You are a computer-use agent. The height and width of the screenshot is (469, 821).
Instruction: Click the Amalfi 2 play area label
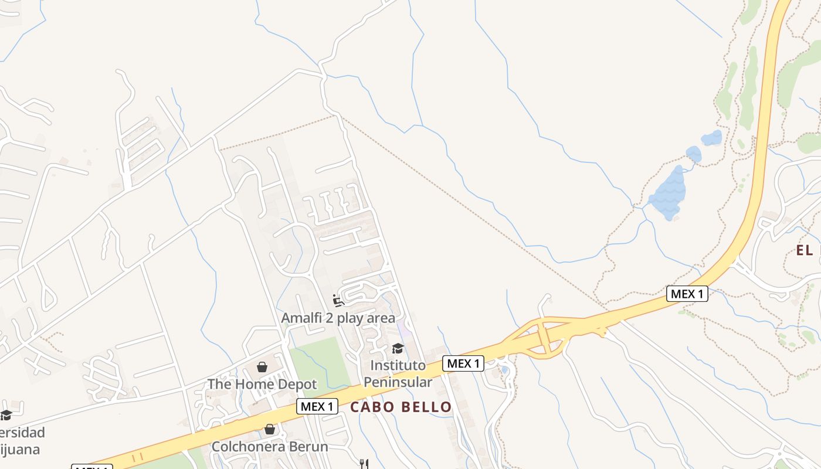point(338,318)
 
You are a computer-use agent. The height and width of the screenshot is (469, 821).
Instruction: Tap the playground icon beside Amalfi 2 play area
point(338,301)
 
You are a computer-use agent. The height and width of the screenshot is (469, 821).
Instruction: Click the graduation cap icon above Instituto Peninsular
point(398,349)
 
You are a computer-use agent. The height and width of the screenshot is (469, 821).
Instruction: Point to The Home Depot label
point(262,385)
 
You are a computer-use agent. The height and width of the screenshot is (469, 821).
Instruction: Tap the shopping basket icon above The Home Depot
point(262,368)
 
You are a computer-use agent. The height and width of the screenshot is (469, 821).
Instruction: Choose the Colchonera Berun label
point(270,446)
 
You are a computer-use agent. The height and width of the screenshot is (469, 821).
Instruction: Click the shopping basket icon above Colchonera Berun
point(270,429)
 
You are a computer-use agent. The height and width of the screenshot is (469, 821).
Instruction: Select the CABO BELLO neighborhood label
point(401,407)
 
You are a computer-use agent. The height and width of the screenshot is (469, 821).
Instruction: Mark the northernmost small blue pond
point(712,138)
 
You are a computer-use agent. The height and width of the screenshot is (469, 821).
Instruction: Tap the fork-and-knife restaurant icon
point(364,464)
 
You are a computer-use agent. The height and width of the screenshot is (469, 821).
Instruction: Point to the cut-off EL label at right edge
point(808,251)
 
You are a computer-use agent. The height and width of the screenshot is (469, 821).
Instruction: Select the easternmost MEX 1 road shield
point(687,294)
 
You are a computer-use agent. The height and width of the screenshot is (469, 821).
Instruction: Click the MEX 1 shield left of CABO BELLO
point(317,406)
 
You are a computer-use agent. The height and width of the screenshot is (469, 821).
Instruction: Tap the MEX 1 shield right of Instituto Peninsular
point(463,363)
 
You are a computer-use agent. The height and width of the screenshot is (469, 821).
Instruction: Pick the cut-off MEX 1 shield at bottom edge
point(92,467)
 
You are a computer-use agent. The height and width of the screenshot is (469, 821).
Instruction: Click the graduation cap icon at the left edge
point(6,415)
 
